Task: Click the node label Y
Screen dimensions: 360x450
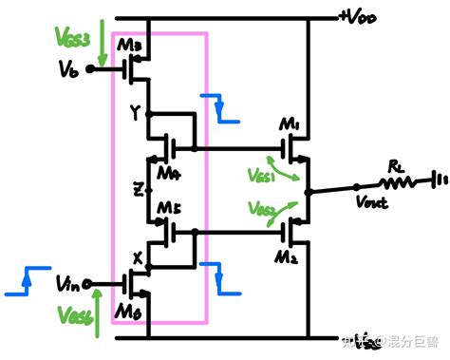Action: coord(135,111)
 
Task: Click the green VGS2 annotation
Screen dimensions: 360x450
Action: coord(261,209)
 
